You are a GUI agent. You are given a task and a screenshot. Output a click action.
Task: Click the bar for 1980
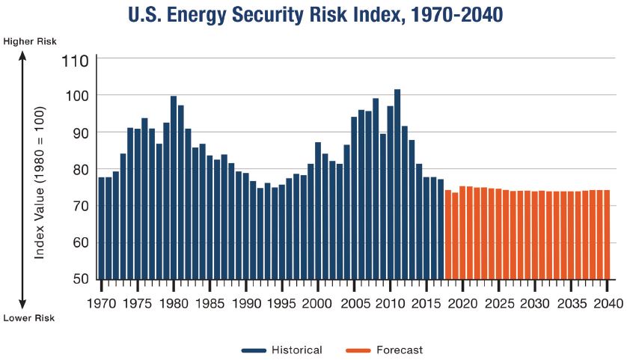click(x=174, y=187)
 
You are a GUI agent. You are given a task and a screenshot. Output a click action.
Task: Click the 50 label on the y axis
click(x=81, y=279)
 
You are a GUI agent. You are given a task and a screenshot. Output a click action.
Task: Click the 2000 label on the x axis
click(x=317, y=304)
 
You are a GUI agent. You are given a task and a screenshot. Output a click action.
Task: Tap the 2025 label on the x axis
click(x=498, y=304)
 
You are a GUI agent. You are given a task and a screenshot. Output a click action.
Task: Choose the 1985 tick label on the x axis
click(x=209, y=304)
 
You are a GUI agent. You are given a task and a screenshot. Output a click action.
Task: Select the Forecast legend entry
click(x=384, y=350)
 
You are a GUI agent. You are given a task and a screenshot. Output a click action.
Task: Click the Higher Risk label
click(x=29, y=40)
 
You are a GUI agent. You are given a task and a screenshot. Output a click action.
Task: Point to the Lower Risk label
click(x=28, y=318)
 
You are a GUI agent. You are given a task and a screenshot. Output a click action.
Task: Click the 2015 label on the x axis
click(x=426, y=304)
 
